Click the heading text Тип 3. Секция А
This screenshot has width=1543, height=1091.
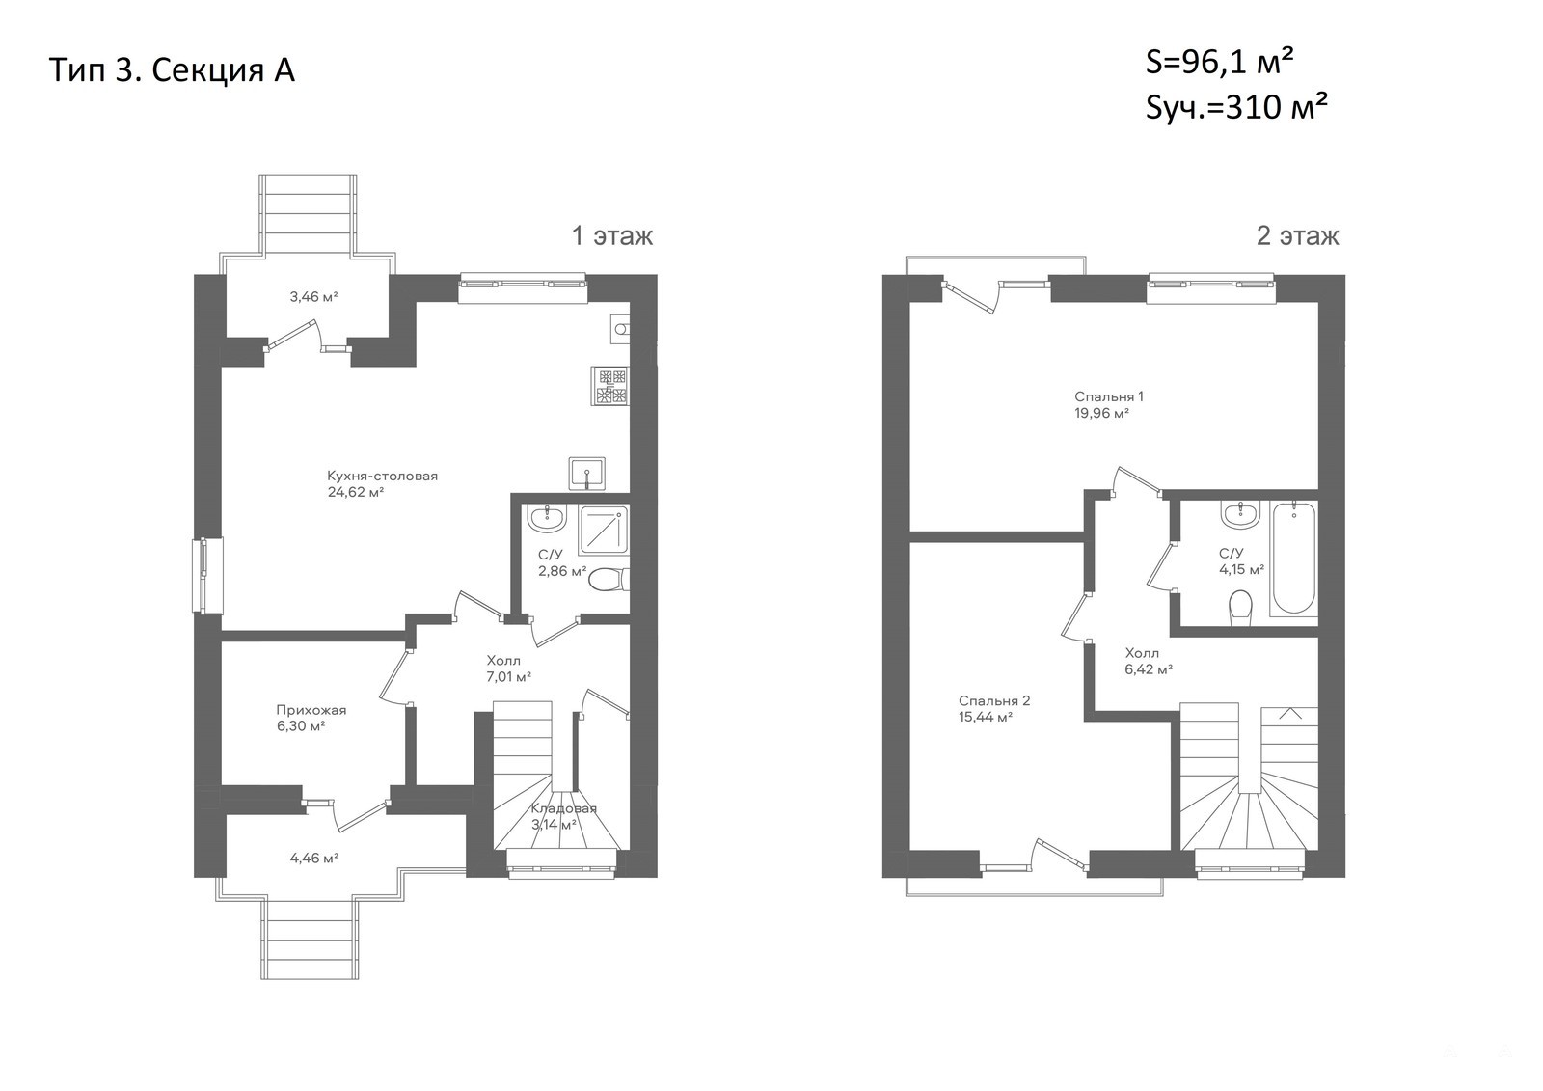pos(173,71)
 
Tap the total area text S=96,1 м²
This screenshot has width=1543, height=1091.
pos(1219,63)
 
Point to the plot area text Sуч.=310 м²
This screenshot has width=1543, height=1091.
pos(1236,108)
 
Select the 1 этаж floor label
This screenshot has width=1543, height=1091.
pos(612,236)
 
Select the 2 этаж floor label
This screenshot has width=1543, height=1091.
pos(1298,236)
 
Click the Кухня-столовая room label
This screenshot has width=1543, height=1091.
pos(382,477)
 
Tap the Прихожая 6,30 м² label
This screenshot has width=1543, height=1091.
pos(311,718)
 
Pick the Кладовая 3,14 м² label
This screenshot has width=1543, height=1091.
pos(563,817)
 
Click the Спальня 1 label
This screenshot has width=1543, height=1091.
pos(1109,397)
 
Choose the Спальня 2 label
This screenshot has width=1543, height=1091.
pos(994,701)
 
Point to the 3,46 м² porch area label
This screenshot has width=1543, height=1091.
pos(313,297)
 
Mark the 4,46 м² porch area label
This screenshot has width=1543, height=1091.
pos(314,859)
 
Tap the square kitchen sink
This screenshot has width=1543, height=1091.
pos(587,474)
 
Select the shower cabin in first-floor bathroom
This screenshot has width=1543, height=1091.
pos(604,530)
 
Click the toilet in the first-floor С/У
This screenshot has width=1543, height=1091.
pos(609,580)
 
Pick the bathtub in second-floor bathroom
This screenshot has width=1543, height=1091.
pos(1293,559)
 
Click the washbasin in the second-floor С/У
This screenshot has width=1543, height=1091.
pos(1240,514)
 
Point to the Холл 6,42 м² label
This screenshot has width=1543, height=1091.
pos(1149,661)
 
